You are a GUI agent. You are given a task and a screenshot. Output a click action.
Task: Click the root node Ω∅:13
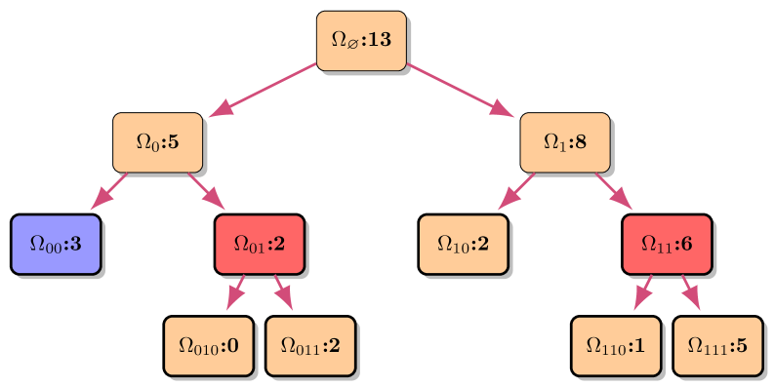tap(361, 41)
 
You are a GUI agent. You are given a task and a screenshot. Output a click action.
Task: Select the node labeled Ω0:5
tap(157, 142)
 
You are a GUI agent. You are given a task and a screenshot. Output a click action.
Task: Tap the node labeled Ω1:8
tap(565, 142)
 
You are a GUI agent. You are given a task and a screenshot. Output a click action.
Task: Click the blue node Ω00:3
tap(56, 244)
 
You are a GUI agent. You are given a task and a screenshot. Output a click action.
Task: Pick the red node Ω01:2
tap(260, 244)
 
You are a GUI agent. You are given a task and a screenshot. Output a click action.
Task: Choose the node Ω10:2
tap(464, 244)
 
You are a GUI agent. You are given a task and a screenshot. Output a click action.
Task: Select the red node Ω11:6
tap(667, 244)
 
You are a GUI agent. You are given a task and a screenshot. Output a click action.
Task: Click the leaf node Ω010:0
tap(209, 345)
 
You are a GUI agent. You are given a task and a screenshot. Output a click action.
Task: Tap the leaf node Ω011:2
tap(310, 345)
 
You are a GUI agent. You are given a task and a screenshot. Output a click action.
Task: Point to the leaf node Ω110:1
tap(616, 345)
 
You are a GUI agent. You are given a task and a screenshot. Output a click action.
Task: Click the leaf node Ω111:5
tap(718, 345)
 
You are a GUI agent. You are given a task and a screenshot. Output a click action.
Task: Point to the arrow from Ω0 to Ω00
tap(109, 191)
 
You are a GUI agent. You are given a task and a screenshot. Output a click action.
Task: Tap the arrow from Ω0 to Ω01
tap(206, 191)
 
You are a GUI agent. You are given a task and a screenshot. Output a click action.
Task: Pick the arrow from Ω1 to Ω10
tap(516, 191)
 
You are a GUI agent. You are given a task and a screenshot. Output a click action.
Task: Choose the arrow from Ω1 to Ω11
tap(614, 191)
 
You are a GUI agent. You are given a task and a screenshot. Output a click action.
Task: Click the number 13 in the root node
tap(380, 40)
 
